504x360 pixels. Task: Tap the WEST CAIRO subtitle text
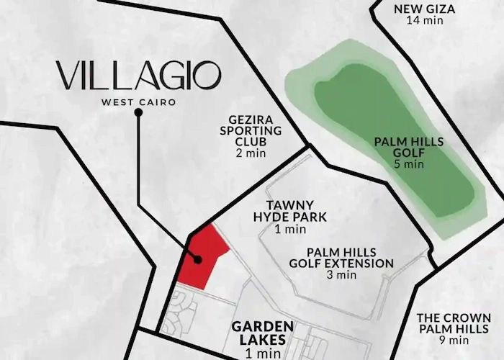click(x=138, y=102)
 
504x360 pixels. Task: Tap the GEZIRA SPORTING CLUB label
click(x=251, y=131)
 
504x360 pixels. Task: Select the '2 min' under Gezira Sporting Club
click(x=251, y=153)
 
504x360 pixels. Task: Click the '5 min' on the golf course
click(x=408, y=164)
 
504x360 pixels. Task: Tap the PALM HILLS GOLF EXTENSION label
click(x=350, y=258)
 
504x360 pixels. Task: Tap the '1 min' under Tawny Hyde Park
click(x=290, y=230)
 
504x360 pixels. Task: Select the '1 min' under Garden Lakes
click(x=261, y=354)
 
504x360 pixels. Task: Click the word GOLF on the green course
click(x=409, y=152)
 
